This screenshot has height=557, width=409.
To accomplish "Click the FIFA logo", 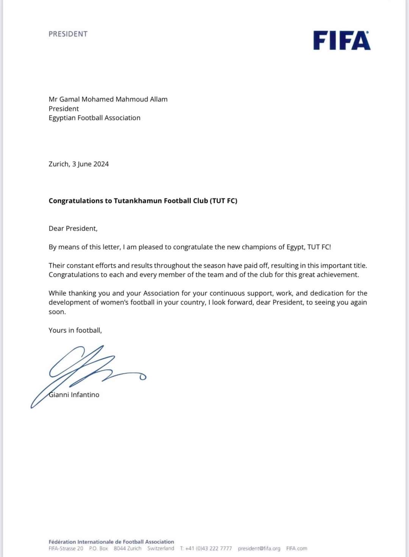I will click(342, 41).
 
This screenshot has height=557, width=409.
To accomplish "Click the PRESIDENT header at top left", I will click(68, 34).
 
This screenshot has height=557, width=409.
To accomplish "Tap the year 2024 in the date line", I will click(101, 164).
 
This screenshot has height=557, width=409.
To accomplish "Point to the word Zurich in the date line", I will click(59, 164).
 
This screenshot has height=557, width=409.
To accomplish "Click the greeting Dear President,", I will click(73, 229).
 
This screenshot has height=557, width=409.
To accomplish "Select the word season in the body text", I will click(214, 266).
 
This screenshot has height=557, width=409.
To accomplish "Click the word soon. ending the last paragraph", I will click(57, 312).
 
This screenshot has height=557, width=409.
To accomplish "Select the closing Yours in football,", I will click(75, 330).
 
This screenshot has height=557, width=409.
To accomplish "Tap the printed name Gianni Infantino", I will click(74, 395).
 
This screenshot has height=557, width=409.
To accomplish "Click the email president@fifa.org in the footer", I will click(259, 548).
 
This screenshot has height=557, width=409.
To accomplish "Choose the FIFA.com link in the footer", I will click(297, 548).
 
